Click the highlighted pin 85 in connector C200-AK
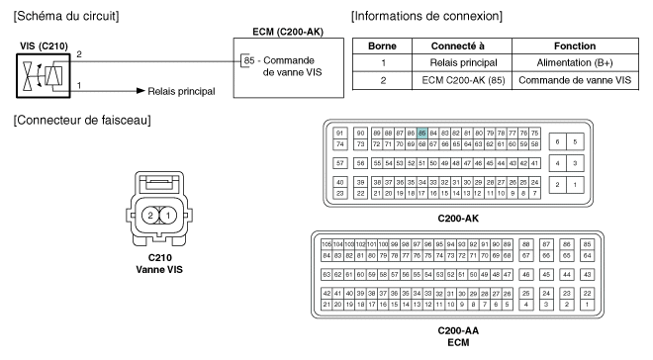point(421,134)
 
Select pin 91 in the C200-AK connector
point(339,134)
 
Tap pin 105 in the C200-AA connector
point(326,244)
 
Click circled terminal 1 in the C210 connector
point(168,216)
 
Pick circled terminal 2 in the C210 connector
point(150,216)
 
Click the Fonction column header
point(575,45)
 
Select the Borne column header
point(382,45)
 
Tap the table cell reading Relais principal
point(463,63)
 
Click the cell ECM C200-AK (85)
point(463,80)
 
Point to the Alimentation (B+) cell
point(575,63)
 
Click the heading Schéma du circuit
point(66,16)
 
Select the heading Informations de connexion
point(426,16)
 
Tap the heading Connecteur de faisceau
point(82,121)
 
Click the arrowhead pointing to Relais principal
point(140,91)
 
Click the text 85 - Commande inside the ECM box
point(279,60)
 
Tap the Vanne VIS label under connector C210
point(159,270)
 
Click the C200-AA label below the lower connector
point(458,331)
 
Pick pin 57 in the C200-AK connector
point(339,163)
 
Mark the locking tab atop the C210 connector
point(159,182)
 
